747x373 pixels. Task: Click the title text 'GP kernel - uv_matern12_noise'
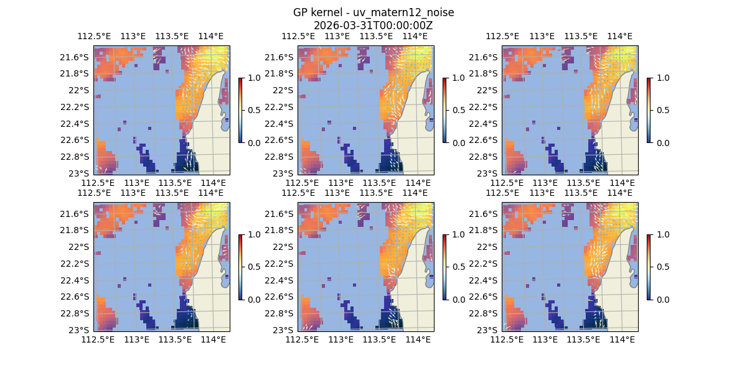click(x=373, y=13)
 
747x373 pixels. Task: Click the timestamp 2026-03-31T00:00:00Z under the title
click(x=373, y=25)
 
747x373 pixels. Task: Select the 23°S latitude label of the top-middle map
click(x=286, y=173)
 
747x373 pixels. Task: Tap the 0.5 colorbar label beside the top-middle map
click(x=458, y=110)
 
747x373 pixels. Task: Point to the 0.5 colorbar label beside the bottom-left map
click(x=253, y=267)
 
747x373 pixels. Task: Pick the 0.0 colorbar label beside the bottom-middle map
click(x=458, y=299)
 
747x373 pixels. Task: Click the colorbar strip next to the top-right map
click(x=649, y=110)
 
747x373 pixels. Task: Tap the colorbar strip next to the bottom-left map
click(x=240, y=267)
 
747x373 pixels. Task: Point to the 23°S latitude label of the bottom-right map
click(x=491, y=329)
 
